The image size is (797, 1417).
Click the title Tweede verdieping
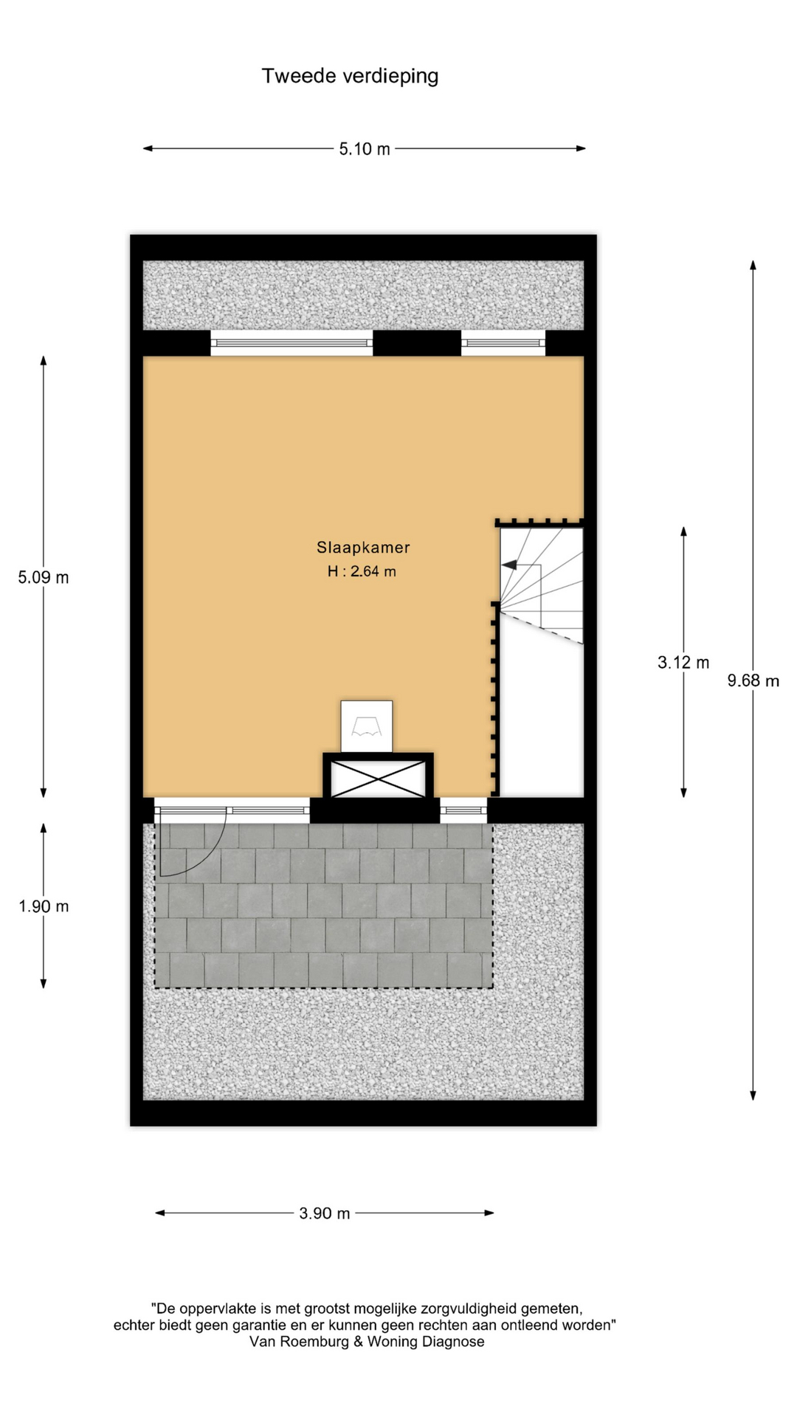click(x=350, y=76)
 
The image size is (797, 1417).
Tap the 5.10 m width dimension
click(x=365, y=149)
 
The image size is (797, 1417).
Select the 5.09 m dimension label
click(x=44, y=577)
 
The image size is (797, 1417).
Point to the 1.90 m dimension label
click(x=44, y=906)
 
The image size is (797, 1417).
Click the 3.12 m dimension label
click(x=683, y=662)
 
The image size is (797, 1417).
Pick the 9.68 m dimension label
click(x=753, y=680)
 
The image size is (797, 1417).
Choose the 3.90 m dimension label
click(x=325, y=1213)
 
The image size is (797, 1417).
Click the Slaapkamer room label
click(x=363, y=548)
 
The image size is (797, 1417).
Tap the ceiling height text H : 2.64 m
click(x=362, y=571)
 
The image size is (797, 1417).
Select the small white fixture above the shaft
click(x=367, y=727)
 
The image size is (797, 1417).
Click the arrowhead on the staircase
click(x=509, y=565)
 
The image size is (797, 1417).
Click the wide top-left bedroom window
click(x=291, y=342)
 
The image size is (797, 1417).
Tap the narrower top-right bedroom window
click(x=503, y=342)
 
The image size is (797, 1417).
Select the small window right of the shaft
click(x=463, y=810)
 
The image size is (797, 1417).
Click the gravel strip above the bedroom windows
click(x=363, y=295)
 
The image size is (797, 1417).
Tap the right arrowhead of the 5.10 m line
click(x=581, y=148)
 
